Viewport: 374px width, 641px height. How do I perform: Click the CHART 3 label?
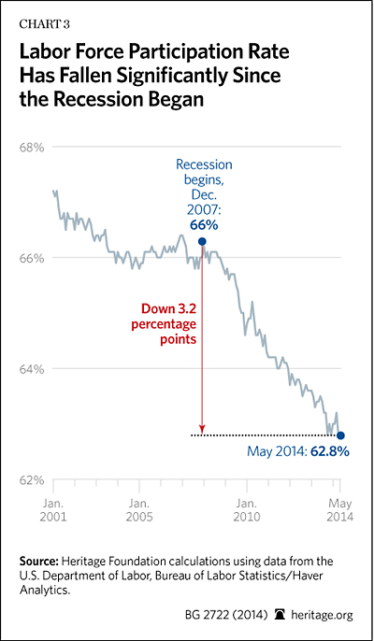(x=45, y=24)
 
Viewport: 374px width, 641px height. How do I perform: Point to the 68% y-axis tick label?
(x=32, y=148)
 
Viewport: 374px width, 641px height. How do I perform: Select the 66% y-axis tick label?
(x=32, y=258)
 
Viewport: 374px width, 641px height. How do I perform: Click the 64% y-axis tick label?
(x=32, y=369)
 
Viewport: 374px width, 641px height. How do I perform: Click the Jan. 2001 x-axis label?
(x=53, y=509)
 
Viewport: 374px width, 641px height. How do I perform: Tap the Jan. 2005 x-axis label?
(x=140, y=509)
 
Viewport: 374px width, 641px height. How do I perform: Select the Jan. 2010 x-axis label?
(x=247, y=509)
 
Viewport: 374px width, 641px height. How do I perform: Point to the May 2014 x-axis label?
(x=340, y=509)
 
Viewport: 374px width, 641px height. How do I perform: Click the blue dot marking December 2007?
(x=202, y=242)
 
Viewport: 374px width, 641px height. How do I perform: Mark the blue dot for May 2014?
(x=340, y=435)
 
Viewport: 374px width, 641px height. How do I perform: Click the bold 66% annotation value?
(x=204, y=225)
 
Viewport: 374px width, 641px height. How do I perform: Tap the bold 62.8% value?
(x=330, y=451)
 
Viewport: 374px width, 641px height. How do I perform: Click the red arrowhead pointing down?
(x=202, y=429)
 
